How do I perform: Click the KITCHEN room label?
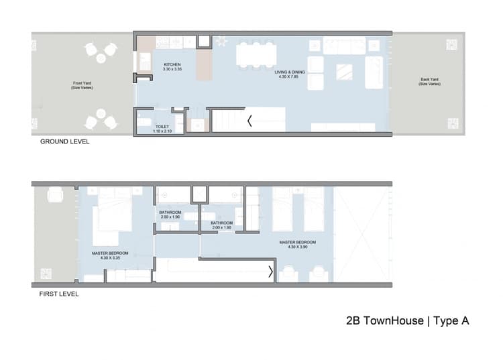[x=172, y=65]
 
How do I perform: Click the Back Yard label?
[x=430, y=80]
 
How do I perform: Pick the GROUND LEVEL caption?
[x=64, y=142]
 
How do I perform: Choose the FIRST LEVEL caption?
[x=59, y=294]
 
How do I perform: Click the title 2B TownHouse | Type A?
[x=407, y=321]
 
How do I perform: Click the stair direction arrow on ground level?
[x=250, y=121]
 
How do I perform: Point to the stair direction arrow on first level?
[x=271, y=272]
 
